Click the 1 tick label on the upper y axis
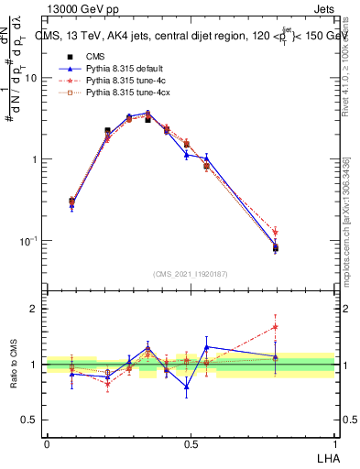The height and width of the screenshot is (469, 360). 35,159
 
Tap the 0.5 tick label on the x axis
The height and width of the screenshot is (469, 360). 191,443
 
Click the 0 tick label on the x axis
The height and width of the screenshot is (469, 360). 47,443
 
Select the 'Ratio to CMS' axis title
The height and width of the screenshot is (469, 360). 14,364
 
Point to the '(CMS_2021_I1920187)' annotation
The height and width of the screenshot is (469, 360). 191,274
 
